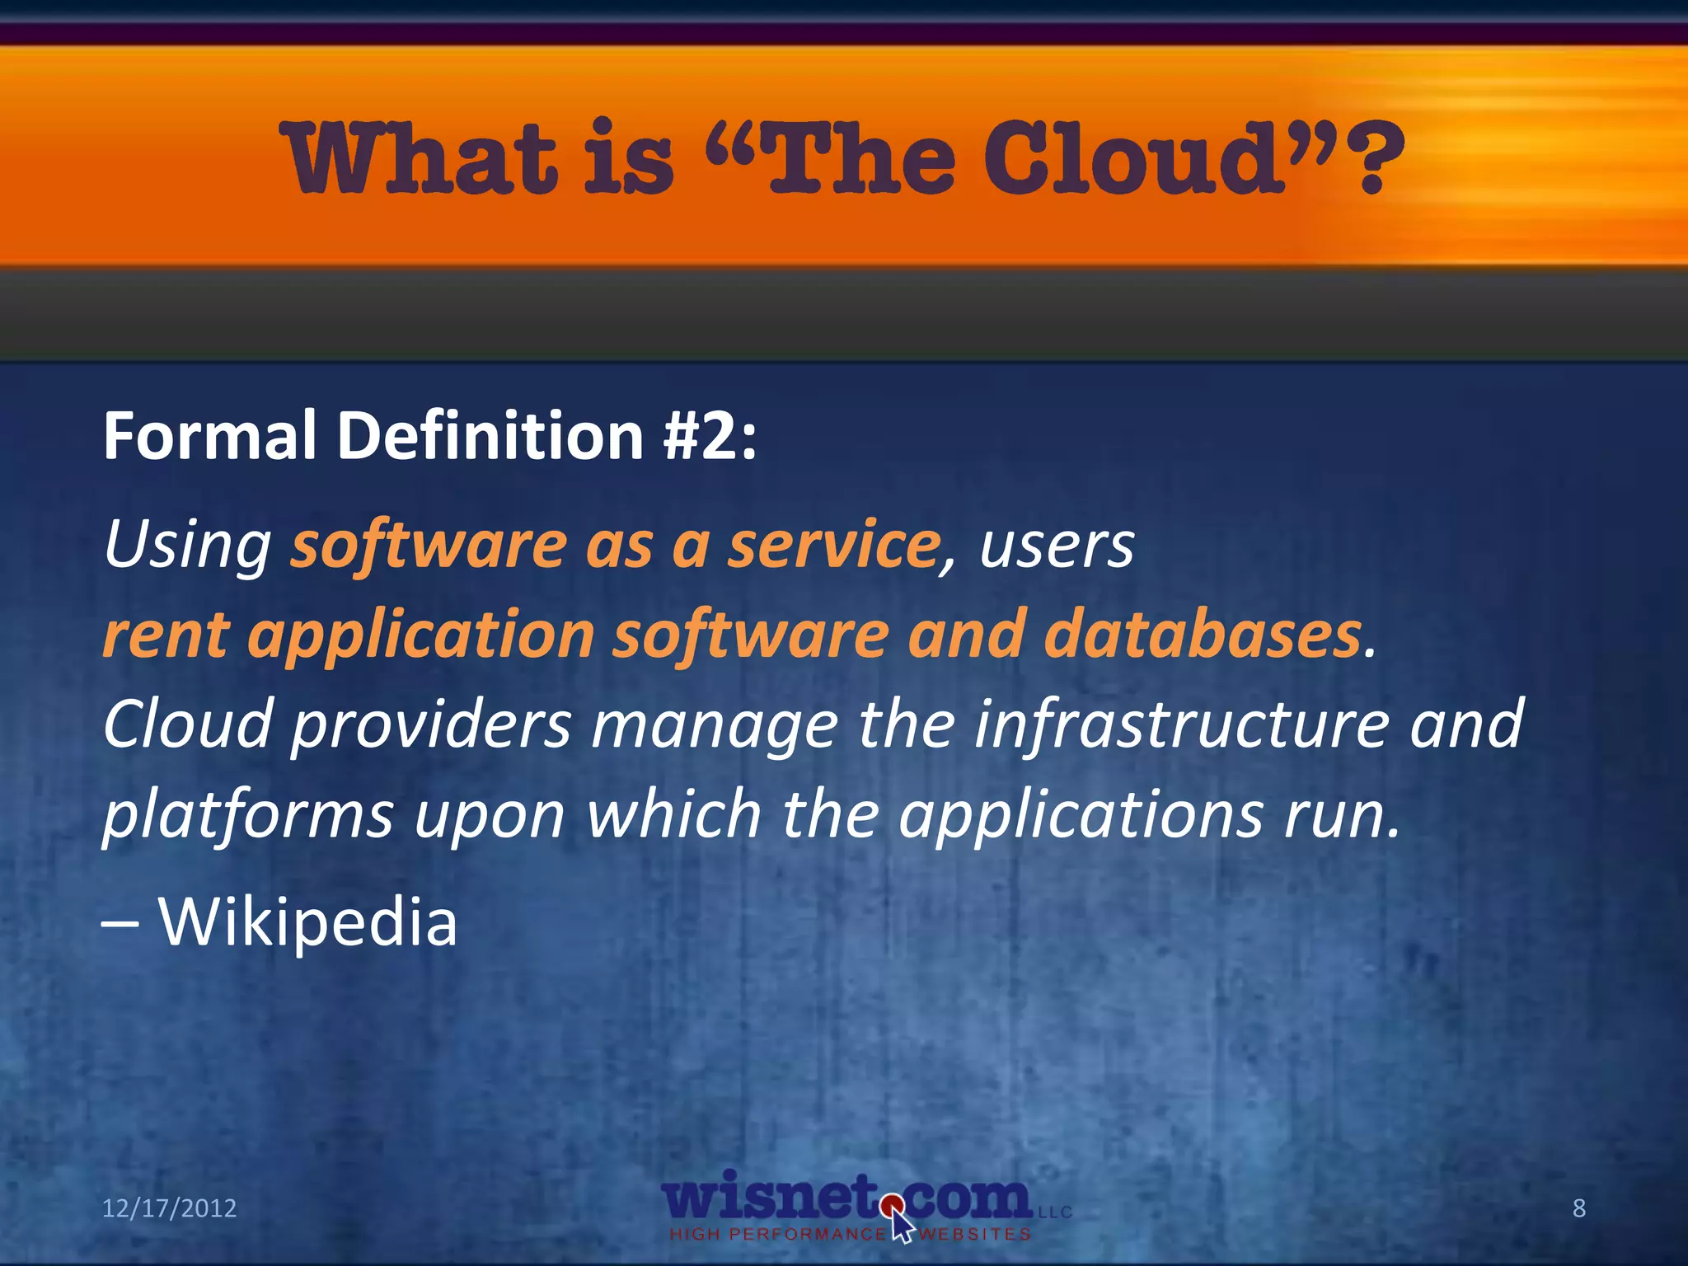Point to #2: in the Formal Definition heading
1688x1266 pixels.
click(x=710, y=435)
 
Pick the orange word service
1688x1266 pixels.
click(x=833, y=546)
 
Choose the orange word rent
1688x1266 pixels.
click(x=165, y=635)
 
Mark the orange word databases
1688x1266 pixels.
click(x=1203, y=635)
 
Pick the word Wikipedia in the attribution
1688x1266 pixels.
click(x=307, y=921)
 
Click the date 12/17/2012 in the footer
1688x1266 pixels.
click(x=169, y=1208)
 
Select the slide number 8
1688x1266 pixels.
click(x=1579, y=1208)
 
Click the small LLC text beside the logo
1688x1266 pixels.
click(x=1054, y=1212)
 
